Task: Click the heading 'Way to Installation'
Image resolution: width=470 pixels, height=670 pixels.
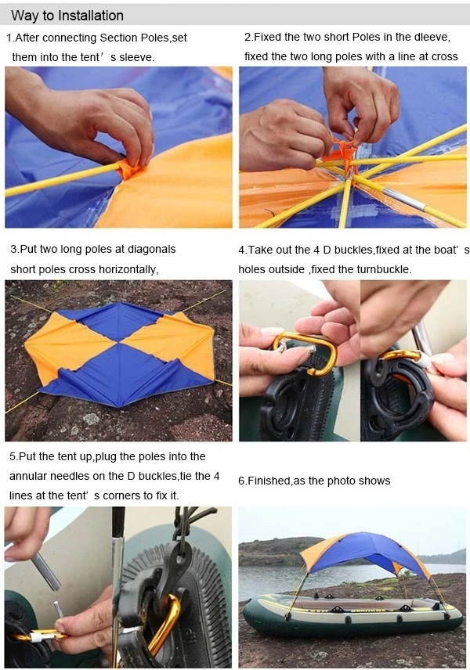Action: coord(67,16)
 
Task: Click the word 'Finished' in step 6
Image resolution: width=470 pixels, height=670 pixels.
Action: coord(265,481)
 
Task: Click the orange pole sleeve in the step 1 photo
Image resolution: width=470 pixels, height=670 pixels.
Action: coord(128,169)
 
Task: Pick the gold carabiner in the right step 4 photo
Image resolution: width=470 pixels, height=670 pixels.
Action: coord(401,355)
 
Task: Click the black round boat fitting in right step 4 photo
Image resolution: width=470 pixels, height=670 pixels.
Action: coord(396,391)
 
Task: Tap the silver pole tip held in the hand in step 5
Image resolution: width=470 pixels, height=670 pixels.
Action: coord(46,571)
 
